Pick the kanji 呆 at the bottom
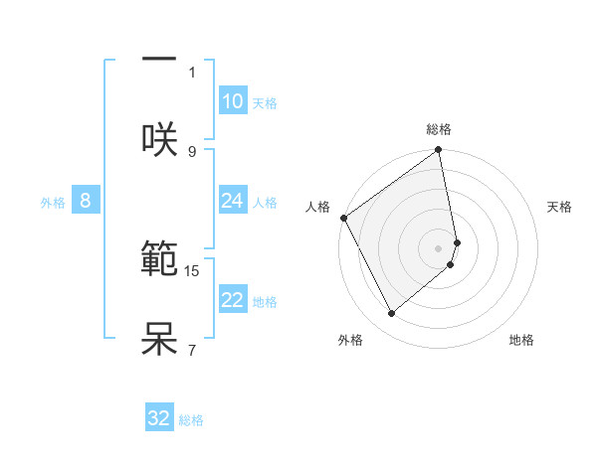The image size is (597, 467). pos(159,339)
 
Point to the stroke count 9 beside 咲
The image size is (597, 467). pos(192,151)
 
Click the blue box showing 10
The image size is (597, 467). pos(232,101)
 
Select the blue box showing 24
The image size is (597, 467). pos(232,201)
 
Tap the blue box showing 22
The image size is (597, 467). pos(232,300)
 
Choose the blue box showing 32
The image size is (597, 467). pos(159,418)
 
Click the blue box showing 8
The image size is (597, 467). pos(85,201)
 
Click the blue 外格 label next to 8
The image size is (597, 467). pos(53,203)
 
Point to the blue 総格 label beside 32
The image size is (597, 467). pos(191,420)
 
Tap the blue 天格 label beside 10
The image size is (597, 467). pos(264,103)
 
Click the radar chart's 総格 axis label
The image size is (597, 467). pos(439,129)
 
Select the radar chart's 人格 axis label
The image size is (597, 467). pos(317,207)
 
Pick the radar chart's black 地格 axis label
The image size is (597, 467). pos(521,340)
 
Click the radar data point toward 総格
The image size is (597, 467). pos(438,151)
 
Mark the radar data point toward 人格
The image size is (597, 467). pos(343,218)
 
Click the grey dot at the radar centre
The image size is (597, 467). pos(439,247)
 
